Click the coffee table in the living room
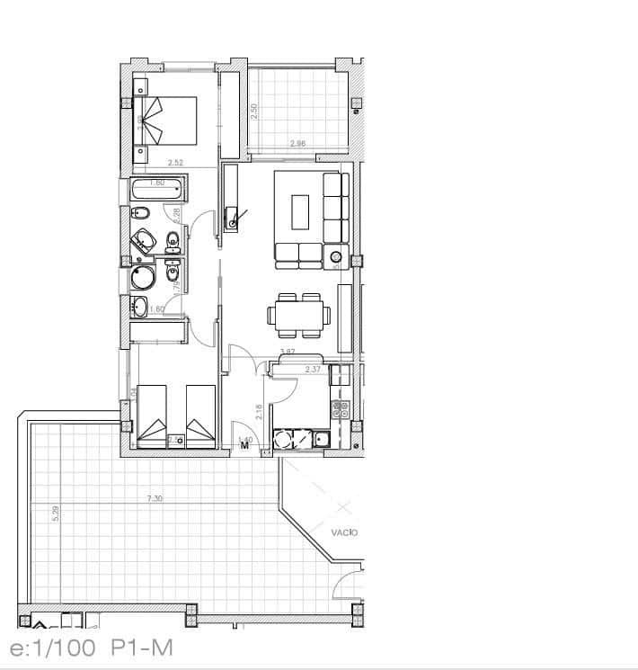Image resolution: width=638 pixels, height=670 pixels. tap(299, 215)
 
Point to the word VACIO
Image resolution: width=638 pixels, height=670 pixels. tap(344, 532)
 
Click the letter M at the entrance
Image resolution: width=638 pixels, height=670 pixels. tap(244, 444)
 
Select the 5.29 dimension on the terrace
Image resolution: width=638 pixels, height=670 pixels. tap(56, 515)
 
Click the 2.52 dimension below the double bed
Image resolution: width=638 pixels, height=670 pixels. tap(176, 163)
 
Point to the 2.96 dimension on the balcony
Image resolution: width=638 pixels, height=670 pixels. tap(298, 144)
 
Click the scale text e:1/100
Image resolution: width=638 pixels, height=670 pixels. tap(53, 648)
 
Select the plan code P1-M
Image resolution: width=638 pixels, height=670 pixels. tap(143, 648)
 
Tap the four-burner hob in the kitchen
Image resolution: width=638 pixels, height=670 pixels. tap(341, 409)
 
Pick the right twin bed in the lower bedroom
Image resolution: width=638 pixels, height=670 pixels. tap(200, 415)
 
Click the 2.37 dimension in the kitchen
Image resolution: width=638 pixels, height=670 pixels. tap(313, 369)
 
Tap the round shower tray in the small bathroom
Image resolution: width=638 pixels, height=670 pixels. tap(143, 276)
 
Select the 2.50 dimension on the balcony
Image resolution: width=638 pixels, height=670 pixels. tap(254, 112)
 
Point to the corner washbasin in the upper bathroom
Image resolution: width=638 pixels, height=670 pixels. tap(143, 240)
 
